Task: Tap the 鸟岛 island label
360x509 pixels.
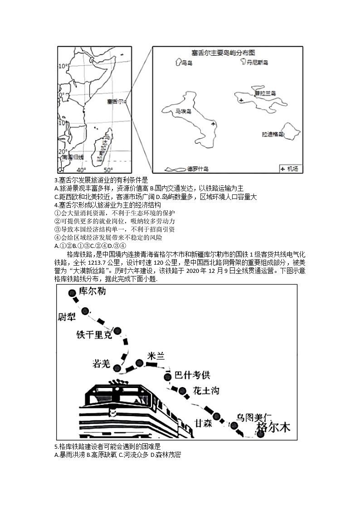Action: pos(186,63)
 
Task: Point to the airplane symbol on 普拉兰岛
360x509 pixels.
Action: pos(242,100)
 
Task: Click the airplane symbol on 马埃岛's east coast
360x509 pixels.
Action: pos(214,123)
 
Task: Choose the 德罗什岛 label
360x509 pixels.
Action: pos(198,169)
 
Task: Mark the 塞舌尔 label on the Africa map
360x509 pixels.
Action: pos(115,102)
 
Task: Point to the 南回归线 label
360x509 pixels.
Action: pos(73,157)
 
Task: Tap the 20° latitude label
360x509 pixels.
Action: pos(63,151)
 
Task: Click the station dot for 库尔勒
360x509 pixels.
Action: pos(72,294)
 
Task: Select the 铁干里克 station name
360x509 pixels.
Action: pos(93,335)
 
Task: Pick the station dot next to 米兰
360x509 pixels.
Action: pos(140,362)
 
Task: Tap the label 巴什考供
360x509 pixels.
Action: pos(193,375)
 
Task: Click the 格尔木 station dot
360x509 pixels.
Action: pos(260,434)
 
